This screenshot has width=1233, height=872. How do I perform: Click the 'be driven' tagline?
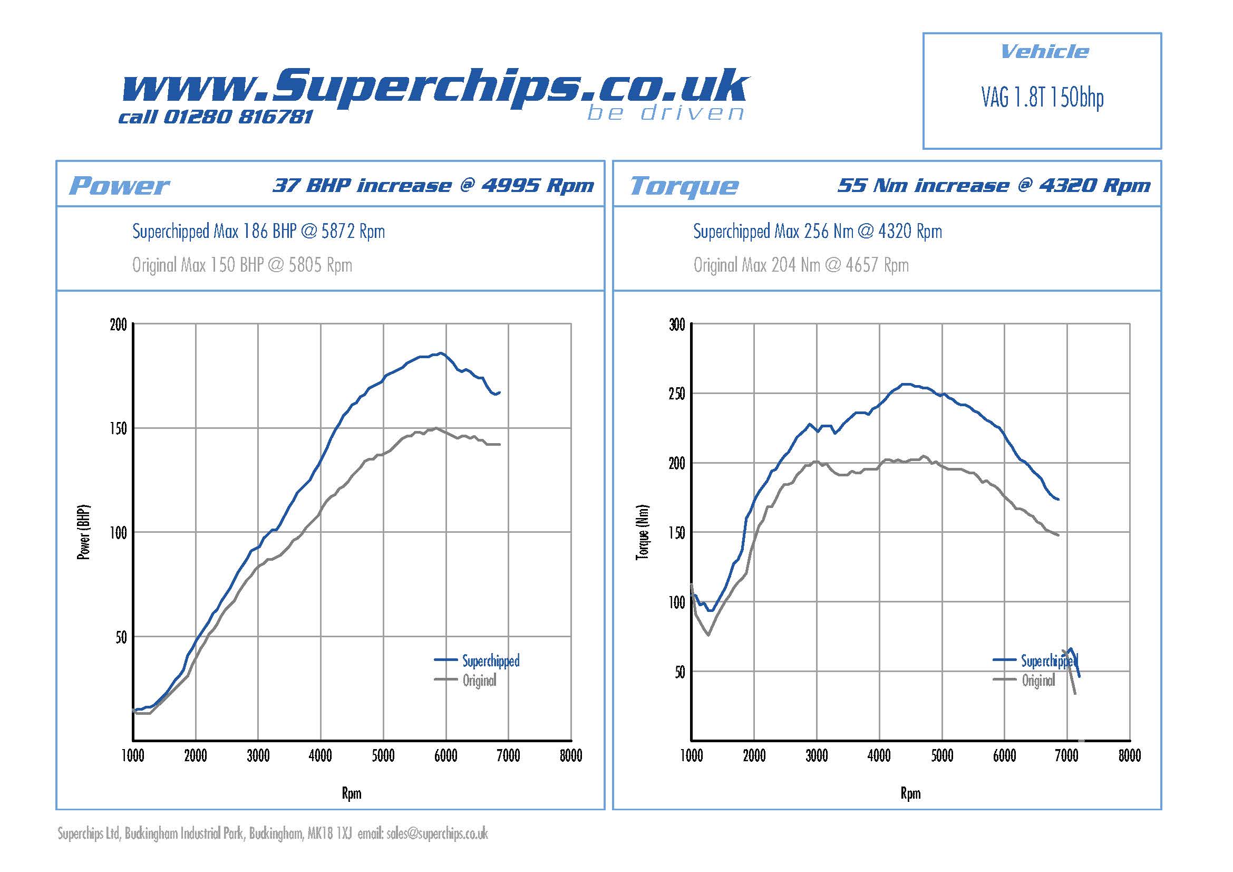(x=665, y=113)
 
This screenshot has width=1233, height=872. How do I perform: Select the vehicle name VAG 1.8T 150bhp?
(x=1042, y=98)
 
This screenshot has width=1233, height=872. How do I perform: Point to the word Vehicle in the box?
(x=1044, y=52)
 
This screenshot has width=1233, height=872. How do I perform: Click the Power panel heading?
(x=119, y=186)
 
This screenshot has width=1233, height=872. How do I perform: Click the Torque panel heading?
(x=684, y=186)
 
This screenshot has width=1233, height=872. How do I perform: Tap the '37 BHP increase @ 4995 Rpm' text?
(x=433, y=185)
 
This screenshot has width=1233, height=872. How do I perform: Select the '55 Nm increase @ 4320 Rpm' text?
(x=994, y=185)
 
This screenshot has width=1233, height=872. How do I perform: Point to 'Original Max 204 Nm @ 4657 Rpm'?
(x=801, y=265)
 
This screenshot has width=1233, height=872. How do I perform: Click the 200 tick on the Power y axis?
(x=118, y=325)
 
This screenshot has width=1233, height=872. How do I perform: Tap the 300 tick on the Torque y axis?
(x=677, y=325)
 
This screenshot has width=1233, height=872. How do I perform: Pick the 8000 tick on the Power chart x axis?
(x=571, y=756)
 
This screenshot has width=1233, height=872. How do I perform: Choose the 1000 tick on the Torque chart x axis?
(x=692, y=756)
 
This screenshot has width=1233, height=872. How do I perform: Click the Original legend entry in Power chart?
(x=479, y=681)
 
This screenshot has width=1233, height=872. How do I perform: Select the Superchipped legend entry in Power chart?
(x=490, y=661)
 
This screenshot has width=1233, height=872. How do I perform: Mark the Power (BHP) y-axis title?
(x=84, y=532)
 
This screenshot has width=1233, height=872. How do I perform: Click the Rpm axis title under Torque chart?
(x=910, y=793)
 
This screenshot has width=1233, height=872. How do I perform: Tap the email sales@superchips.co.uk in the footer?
(x=436, y=834)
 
